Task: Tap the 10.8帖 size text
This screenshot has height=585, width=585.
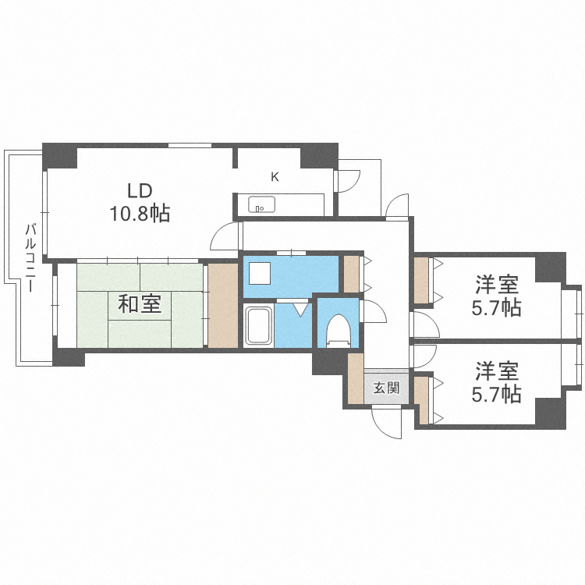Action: click(x=141, y=212)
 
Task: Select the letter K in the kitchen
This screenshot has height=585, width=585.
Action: click(x=275, y=177)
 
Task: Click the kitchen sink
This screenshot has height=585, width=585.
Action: click(x=261, y=206)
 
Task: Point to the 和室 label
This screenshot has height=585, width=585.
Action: click(x=140, y=304)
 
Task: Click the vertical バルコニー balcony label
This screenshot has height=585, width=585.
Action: click(x=30, y=258)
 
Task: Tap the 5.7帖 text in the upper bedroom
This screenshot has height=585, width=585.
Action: click(x=496, y=308)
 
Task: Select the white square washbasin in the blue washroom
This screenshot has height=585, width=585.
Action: click(x=260, y=274)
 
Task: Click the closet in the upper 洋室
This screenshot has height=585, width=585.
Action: click(x=422, y=279)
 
